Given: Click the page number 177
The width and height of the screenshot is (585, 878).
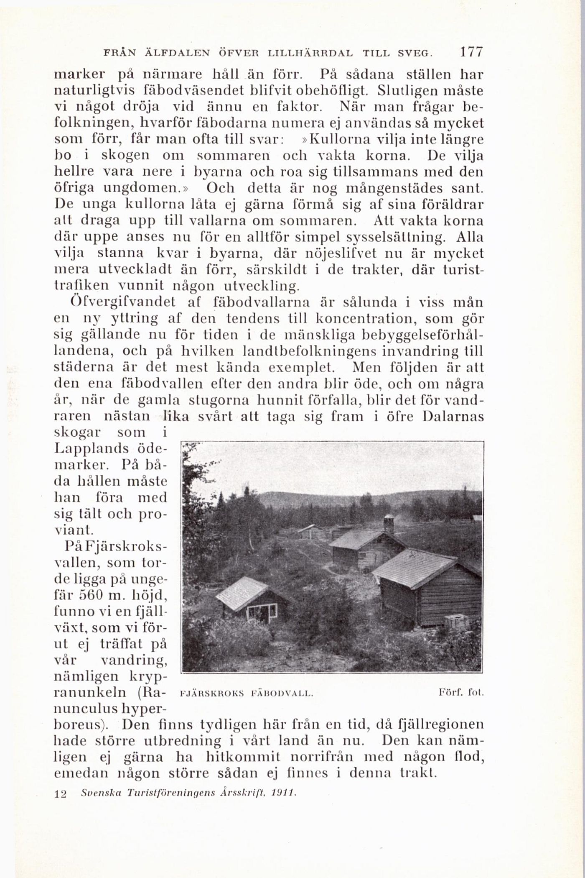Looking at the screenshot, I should click(471, 53).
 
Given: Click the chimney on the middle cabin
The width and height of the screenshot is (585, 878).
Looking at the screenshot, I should click(389, 523).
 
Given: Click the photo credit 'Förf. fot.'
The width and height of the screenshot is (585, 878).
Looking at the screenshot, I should click(461, 693).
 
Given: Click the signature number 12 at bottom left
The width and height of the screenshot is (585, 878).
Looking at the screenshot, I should click(61, 794).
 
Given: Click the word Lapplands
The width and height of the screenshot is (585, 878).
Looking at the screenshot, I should click(92, 448).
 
